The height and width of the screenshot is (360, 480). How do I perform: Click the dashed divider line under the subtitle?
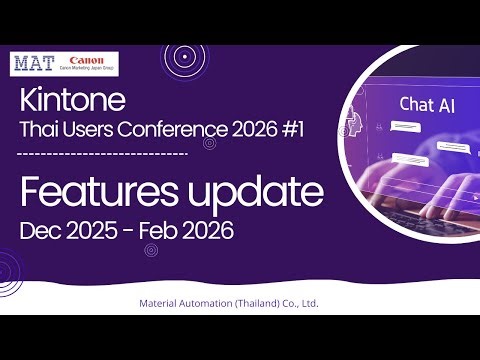tap(104, 154)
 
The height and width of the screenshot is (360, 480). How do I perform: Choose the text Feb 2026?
tap(188, 231)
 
